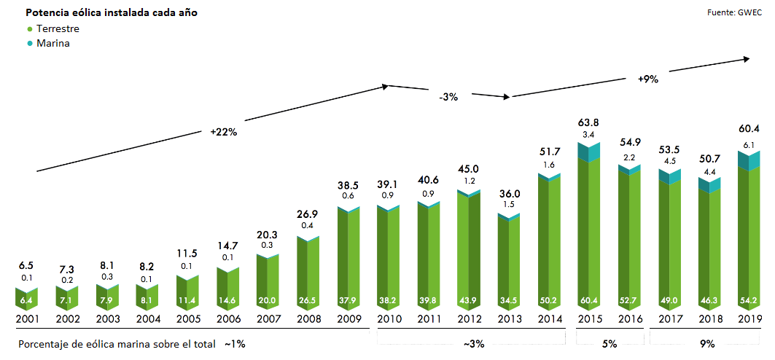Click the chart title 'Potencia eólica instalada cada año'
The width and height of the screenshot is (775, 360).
111,13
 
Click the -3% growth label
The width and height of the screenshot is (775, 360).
448,97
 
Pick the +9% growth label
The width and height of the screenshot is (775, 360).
647,79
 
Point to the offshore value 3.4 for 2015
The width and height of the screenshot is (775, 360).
588,136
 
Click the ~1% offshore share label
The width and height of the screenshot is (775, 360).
235,343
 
